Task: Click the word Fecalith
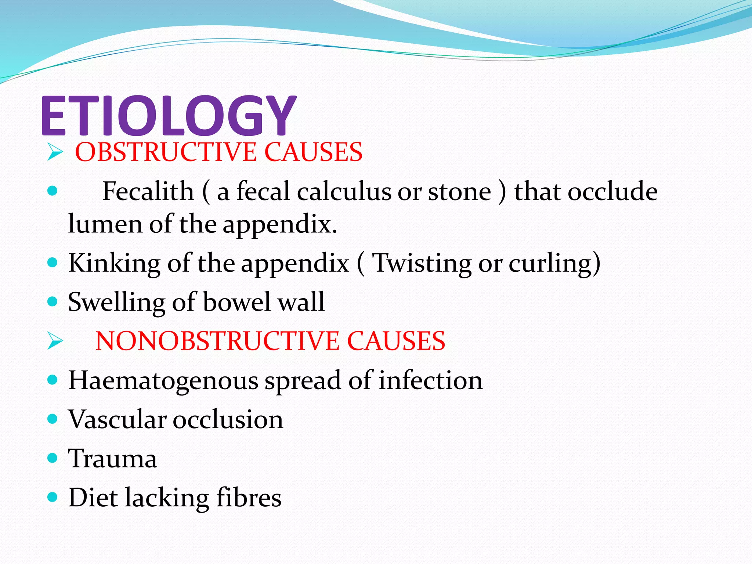pos(148,191)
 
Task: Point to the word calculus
pos(344,191)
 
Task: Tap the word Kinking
pos(114,263)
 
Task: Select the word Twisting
pos(422,263)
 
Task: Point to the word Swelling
pos(116,302)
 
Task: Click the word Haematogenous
pos(163,381)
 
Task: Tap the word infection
pos(430,380)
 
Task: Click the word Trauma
pos(113,459)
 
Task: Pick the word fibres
pos(249,498)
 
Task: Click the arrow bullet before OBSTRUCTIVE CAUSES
pos(55,152)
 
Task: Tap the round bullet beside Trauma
pos(53,458)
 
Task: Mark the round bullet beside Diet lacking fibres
pos(53,497)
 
